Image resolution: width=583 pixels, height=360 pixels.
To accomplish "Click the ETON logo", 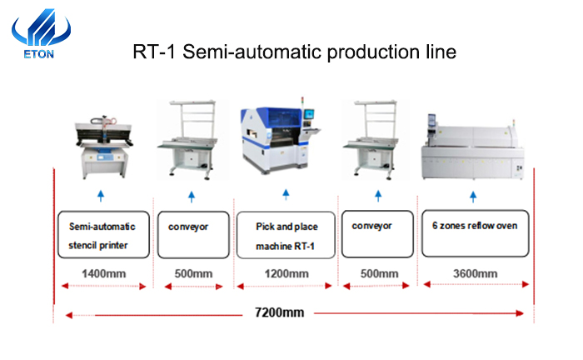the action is click(x=41, y=33).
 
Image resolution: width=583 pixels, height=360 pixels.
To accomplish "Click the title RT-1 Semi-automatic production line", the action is click(x=295, y=52).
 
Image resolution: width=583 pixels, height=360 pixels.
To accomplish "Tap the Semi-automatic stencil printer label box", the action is click(x=104, y=235).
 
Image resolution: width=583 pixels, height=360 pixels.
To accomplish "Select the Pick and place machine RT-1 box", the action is click(x=286, y=235).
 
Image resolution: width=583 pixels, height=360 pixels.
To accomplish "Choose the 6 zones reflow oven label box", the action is click(x=476, y=233).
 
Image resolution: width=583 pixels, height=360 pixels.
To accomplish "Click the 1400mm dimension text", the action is click(x=104, y=273).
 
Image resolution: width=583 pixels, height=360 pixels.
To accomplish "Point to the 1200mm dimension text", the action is click(x=287, y=273).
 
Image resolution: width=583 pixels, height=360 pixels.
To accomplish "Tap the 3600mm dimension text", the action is click(x=476, y=273).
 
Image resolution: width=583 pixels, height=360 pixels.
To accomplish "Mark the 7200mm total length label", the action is click(x=279, y=312).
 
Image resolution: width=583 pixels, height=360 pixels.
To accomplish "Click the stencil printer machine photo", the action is click(x=104, y=147).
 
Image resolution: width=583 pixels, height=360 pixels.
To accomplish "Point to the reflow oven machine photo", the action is click(x=472, y=147).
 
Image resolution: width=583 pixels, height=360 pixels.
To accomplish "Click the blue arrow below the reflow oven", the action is click(x=473, y=197).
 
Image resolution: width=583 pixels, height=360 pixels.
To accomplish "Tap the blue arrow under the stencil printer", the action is click(x=101, y=196).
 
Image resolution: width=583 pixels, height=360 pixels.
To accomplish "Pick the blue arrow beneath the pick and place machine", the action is click(x=286, y=194).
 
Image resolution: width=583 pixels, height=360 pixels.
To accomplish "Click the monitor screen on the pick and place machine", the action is click(x=309, y=114).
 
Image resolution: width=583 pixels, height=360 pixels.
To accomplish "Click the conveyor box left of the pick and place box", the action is click(x=193, y=235).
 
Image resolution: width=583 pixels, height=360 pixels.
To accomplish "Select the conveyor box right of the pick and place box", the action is click(x=377, y=234).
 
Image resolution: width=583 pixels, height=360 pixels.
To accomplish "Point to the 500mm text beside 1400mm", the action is click(x=194, y=273).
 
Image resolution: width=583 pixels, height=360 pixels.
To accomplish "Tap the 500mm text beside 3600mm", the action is click(x=379, y=273).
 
